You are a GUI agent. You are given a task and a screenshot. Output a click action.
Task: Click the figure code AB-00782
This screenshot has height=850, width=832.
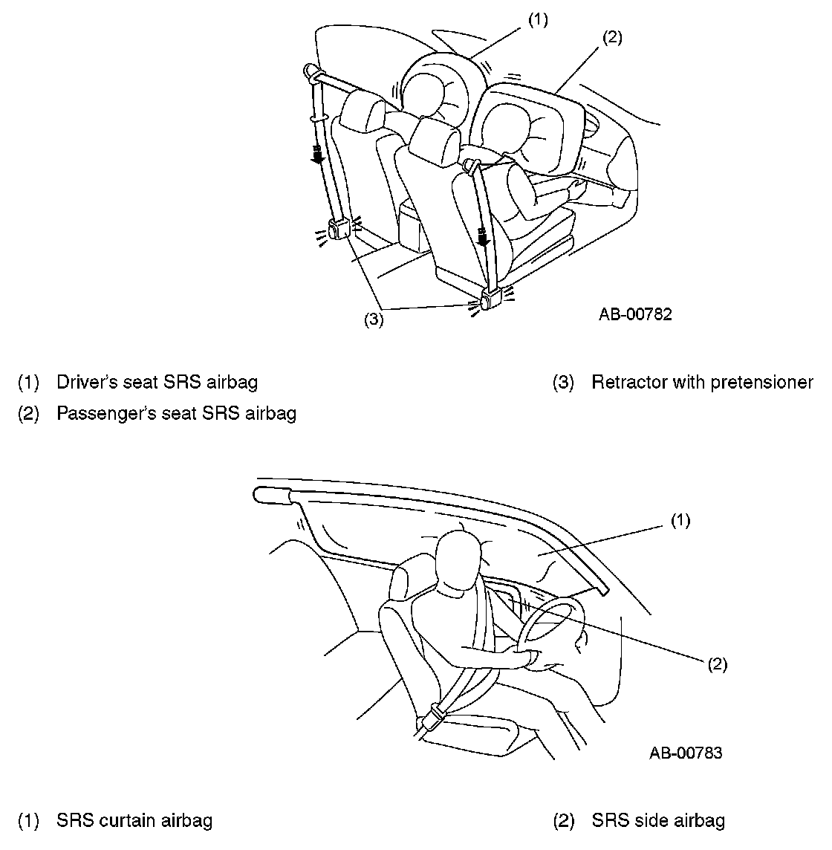(635, 314)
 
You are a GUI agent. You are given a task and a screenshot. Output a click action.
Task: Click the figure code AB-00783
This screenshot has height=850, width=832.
(685, 753)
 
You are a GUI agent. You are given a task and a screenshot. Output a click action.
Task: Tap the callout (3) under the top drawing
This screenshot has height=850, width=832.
(373, 320)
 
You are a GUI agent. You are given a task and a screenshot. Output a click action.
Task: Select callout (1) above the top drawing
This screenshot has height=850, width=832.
(538, 20)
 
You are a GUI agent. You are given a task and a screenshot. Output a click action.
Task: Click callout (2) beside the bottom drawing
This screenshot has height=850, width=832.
(716, 664)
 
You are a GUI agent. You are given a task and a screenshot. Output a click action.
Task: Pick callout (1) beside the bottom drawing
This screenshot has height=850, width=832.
(680, 521)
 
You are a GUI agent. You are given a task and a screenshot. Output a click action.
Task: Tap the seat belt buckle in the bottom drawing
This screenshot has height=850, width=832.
(432, 718)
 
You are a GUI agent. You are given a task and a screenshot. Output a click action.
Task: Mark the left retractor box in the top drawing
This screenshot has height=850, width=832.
(340, 230)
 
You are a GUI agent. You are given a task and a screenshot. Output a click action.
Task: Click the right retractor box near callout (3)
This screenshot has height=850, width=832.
(491, 299)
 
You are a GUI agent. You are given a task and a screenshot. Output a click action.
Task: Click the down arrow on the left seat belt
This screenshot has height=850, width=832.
(317, 155)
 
